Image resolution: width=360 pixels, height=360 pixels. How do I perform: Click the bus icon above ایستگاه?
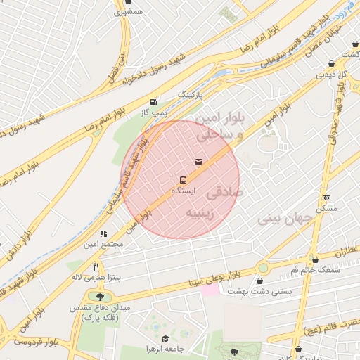(184, 179)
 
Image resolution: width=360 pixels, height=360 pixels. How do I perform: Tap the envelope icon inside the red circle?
(198, 162)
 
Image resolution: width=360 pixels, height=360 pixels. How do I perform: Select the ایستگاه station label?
(184, 191)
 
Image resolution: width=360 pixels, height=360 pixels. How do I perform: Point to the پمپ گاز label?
(153, 111)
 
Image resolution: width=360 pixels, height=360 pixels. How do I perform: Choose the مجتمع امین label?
(104, 243)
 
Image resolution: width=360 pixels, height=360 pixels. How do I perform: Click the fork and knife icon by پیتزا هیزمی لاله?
(96, 268)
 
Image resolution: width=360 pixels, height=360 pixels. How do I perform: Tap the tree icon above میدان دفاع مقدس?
(100, 297)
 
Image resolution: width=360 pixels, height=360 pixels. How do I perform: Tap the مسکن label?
(326, 209)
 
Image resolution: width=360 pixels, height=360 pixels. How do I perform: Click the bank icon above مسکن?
(326, 198)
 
